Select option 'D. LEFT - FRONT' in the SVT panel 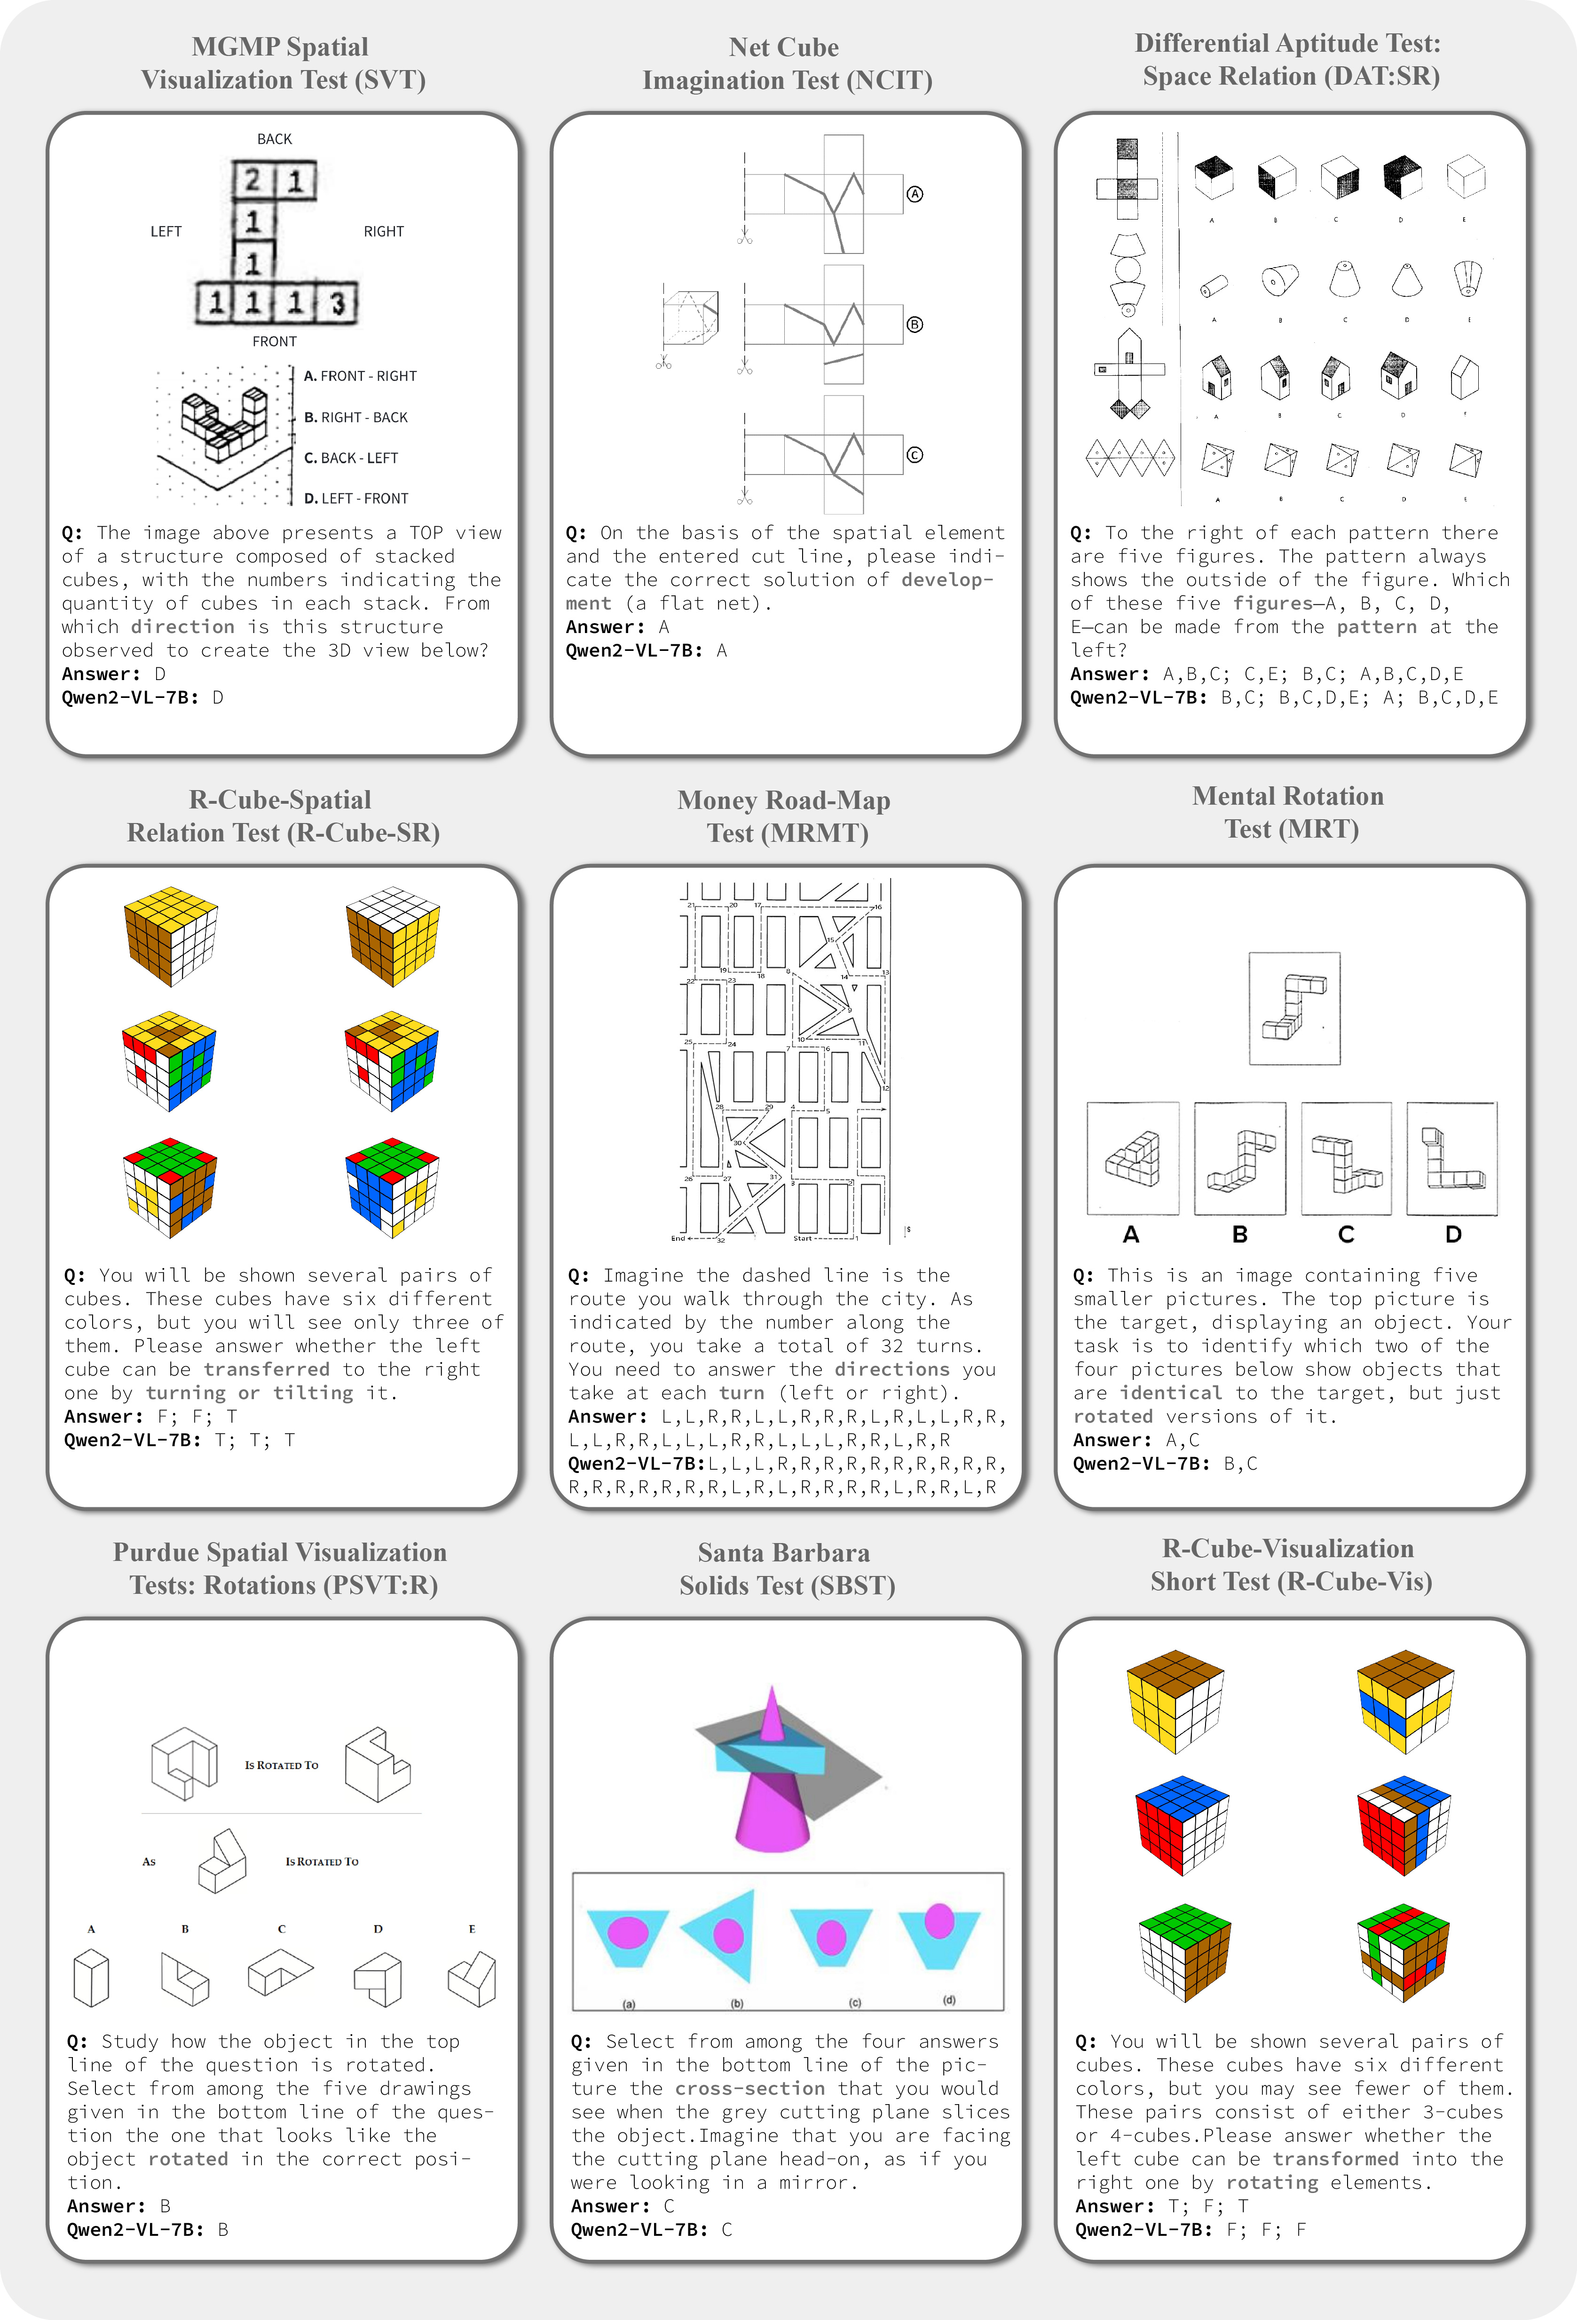point(356,498)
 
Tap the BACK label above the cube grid point(275,139)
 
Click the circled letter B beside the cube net point(914,325)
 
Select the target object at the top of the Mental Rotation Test point(1294,1008)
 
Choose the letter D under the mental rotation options point(1453,1235)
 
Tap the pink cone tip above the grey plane point(772,1709)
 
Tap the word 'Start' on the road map point(803,1238)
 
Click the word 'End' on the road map point(678,1238)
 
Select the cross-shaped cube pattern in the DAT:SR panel point(1127,180)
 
